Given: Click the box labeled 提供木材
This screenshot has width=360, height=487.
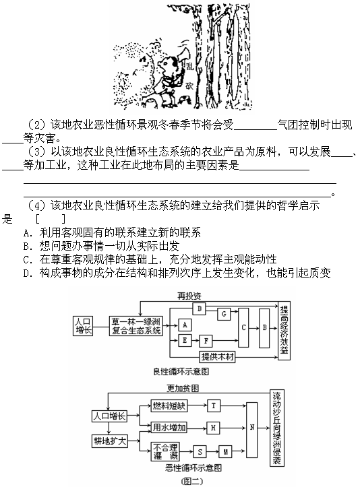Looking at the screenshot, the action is [x=217, y=357].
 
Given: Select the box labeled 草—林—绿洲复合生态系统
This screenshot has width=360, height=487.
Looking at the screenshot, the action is [x=136, y=326].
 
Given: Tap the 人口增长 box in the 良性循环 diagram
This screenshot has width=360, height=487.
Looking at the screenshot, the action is [x=83, y=326].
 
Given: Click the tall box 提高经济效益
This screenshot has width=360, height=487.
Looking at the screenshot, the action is [x=284, y=331].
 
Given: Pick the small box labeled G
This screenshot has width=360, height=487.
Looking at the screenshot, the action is [x=224, y=314].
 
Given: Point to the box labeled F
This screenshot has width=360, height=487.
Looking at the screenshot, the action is [x=206, y=341].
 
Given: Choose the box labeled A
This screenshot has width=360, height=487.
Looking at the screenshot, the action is [x=185, y=325].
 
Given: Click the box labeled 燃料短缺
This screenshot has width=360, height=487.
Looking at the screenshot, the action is [x=169, y=405].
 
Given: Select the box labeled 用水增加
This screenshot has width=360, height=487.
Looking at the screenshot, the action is [x=169, y=428].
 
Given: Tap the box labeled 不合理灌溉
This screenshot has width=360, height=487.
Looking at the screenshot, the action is [x=165, y=451].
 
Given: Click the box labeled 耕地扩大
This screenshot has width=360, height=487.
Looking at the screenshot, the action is [x=110, y=441].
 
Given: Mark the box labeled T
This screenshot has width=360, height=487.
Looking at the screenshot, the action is [x=214, y=405].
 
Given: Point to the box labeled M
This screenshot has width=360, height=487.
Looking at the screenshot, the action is [x=225, y=451].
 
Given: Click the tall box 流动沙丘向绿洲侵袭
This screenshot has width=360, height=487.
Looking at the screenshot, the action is [x=276, y=428].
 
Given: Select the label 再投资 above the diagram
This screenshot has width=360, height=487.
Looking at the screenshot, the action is [x=189, y=296].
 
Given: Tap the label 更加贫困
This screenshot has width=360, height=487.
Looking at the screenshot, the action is [x=183, y=388].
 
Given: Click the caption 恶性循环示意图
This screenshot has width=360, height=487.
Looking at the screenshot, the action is [x=193, y=467].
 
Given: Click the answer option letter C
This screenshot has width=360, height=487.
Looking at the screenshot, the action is [x=26, y=259].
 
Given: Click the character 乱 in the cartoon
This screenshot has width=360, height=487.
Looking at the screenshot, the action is [x=189, y=67].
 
